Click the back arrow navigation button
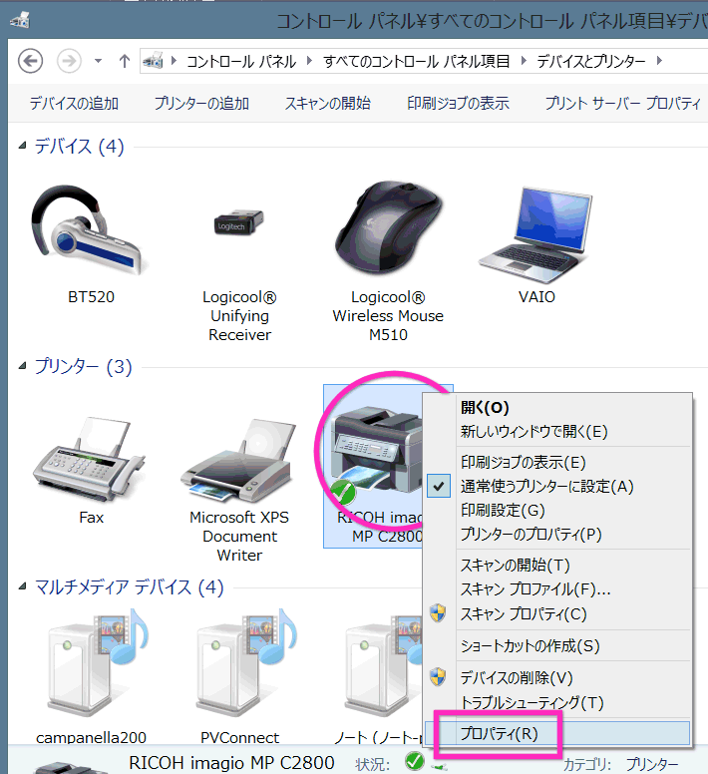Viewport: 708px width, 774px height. pos(30,61)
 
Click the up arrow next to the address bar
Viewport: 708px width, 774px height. pos(125,61)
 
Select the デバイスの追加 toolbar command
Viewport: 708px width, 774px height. pos(74,103)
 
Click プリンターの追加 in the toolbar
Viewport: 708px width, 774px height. pos(201,103)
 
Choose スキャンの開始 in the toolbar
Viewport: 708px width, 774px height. pos(328,103)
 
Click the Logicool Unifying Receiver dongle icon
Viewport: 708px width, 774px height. pos(238,222)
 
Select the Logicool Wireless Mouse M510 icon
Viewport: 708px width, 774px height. pos(388,228)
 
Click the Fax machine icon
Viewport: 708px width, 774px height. pos(89,459)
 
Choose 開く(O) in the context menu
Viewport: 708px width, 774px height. pos(485,408)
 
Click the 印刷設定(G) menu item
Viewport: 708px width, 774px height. pos(503,510)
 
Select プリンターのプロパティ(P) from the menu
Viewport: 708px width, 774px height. pos(531,534)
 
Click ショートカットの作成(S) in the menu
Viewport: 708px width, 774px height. pos(530,645)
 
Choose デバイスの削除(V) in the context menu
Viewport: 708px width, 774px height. pos(517,677)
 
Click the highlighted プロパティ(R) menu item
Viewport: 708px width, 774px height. pos(499,733)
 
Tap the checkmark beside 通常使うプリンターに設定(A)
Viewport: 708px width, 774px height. pos(439,486)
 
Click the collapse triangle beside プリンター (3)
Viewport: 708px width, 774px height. pos(22,366)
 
